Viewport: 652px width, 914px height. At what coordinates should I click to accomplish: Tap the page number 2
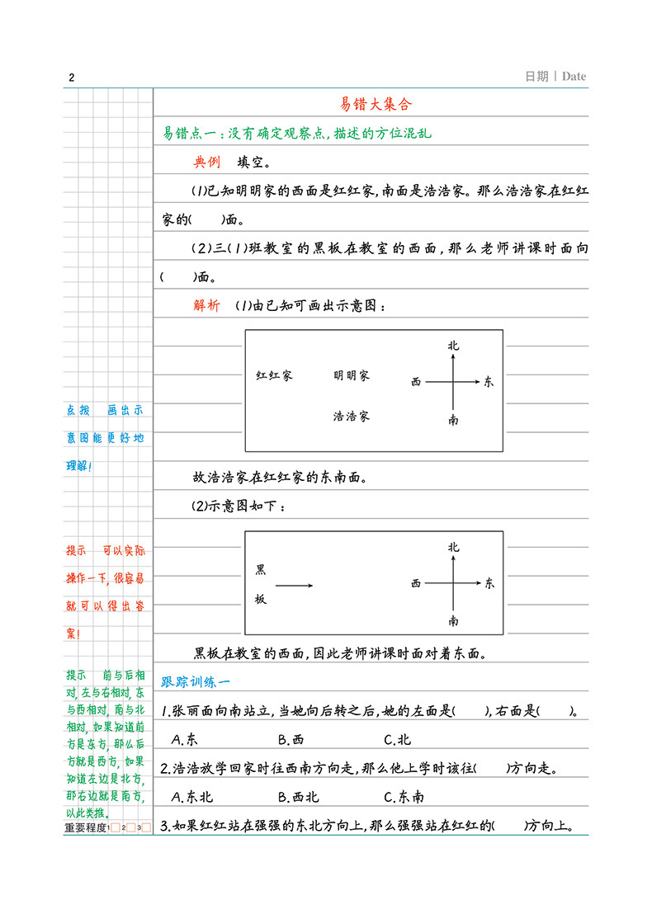pyautogui.click(x=72, y=78)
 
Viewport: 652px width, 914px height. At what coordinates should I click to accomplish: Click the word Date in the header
pyautogui.click(x=574, y=77)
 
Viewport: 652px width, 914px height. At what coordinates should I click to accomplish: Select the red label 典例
pyautogui.click(x=206, y=162)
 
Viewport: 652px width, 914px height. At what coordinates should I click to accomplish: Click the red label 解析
pyautogui.click(x=206, y=305)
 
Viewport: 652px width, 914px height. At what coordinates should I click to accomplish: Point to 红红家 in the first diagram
pyautogui.click(x=274, y=375)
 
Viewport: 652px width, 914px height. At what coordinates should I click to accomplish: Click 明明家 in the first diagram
pyautogui.click(x=352, y=375)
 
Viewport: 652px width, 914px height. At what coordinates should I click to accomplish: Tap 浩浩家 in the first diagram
pyautogui.click(x=352, y=416)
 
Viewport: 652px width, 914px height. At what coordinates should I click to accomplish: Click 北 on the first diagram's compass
pyautogui.click(x=453, y=346)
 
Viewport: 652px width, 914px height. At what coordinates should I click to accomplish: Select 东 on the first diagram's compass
pyautogui.click(x=489, y=382)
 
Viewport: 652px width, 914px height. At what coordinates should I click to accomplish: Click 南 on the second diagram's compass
pyautogui.click(x=453, y=620)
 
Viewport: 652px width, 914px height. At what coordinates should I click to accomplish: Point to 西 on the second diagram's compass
pyautogui.click(x=416, y=584)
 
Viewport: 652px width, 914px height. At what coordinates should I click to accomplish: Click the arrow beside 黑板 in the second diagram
pyautogui.click(x=294, y=586)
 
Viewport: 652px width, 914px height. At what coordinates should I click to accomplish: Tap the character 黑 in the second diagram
pyautogui.click(x=260, y=569)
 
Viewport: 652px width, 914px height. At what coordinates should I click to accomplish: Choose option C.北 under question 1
pyautogui.click(x=398, y=739)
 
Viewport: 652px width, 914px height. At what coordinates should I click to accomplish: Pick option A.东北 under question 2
pyautogui.click(x=190, y=797)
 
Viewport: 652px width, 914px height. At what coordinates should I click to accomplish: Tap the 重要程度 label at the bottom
pyautogui.click(x=85, y=827)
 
